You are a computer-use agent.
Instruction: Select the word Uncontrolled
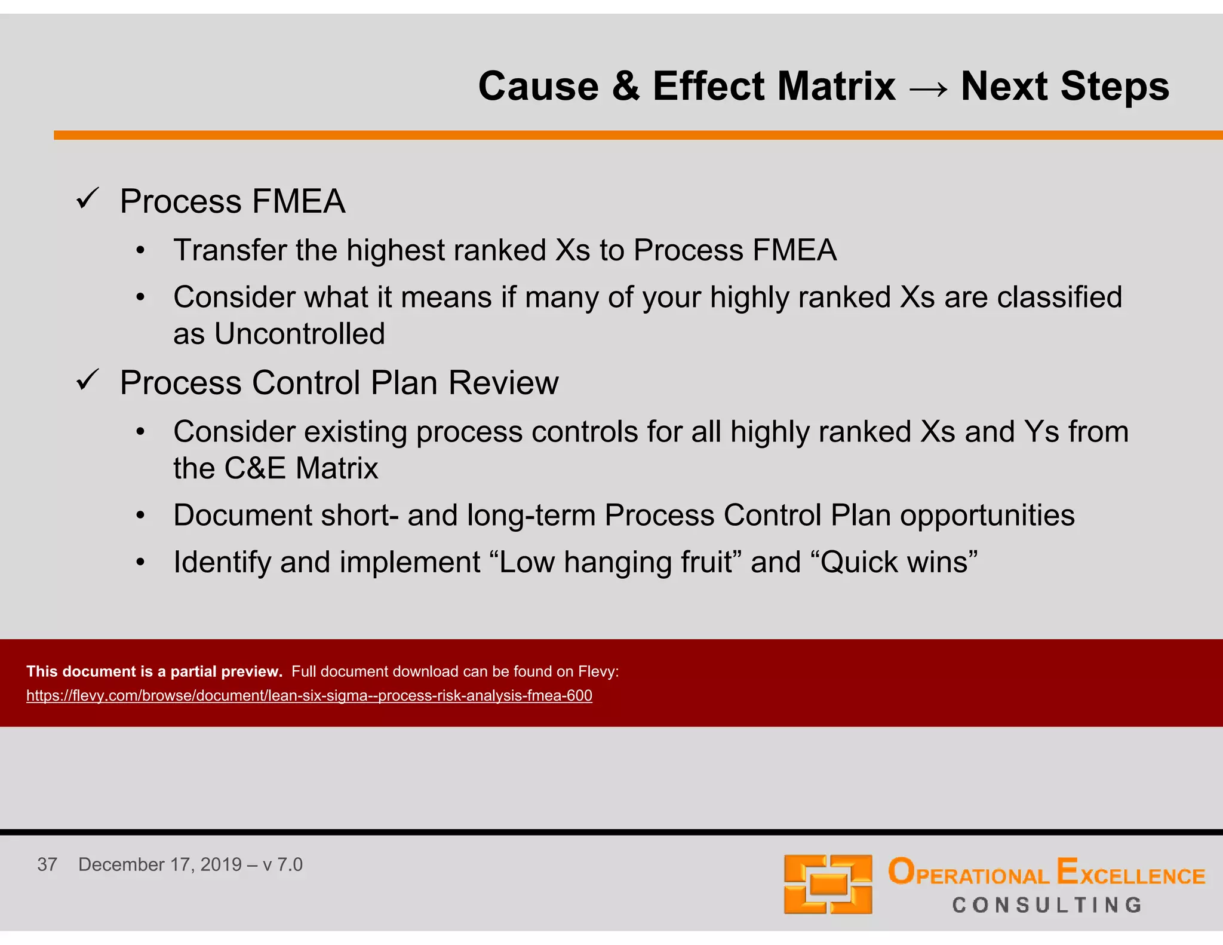tap(299, 334)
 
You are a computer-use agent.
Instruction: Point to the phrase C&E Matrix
tap(301, 468)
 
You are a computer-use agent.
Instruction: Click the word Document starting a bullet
tap(242, 516)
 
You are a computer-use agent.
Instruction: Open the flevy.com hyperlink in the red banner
tap(309, 696)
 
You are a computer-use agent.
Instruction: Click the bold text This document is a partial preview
tap(154, 671)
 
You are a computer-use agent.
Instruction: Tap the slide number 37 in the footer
tap(47, 864)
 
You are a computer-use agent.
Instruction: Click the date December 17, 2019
tap(159, 864)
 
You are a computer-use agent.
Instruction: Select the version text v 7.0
tap(282, 864)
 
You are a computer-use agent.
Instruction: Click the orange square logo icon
tap(828, 884)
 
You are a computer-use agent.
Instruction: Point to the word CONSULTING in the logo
tap(1047, 905)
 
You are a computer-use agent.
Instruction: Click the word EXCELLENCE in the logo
tap(1130, 873)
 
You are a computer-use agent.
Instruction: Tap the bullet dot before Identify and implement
tap(140, 563)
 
